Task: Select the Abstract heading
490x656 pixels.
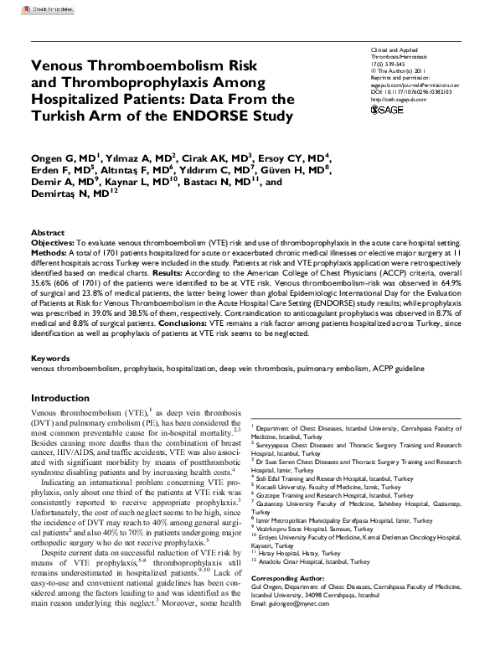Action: [x=48, y=232]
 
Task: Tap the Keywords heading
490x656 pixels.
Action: [x=49, y=359]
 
